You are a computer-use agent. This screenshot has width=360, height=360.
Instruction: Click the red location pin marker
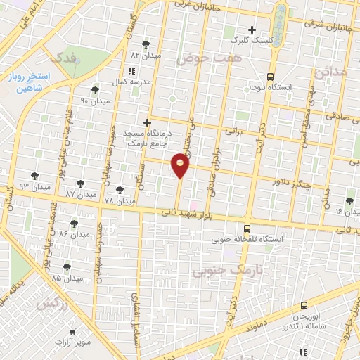click(181, 165)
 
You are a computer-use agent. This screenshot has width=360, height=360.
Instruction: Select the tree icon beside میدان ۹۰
click(95, 90)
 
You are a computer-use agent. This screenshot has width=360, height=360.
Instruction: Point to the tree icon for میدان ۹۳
click(34, 176)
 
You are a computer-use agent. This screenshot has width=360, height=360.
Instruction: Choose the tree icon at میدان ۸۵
click(67, 266)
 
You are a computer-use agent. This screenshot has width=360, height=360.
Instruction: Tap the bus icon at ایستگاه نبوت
click(271, 77)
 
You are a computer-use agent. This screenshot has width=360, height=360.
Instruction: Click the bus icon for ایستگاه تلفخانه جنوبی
click(246, 229)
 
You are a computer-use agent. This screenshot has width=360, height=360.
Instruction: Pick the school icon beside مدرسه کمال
click(131, 71)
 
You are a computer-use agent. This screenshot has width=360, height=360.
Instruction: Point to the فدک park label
click(59, 58)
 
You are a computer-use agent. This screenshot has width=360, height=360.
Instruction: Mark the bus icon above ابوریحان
click(304, 306)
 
